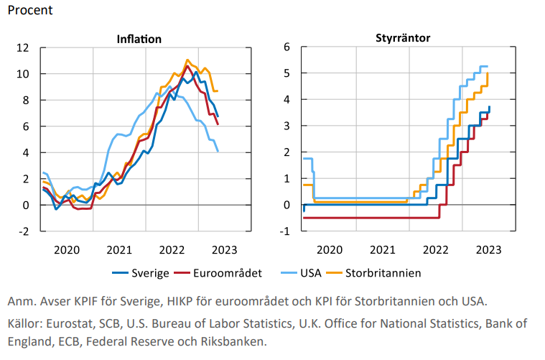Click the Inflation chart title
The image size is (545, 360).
139,39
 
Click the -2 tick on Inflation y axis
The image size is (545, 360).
22,231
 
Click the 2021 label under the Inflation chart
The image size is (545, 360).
119,249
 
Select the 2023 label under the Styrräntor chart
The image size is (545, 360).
488,249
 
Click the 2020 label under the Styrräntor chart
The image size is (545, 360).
330,249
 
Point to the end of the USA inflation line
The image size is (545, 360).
218,151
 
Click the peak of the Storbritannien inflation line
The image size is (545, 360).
187,60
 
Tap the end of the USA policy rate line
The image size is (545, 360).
488,67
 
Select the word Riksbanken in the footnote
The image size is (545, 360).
233,341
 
